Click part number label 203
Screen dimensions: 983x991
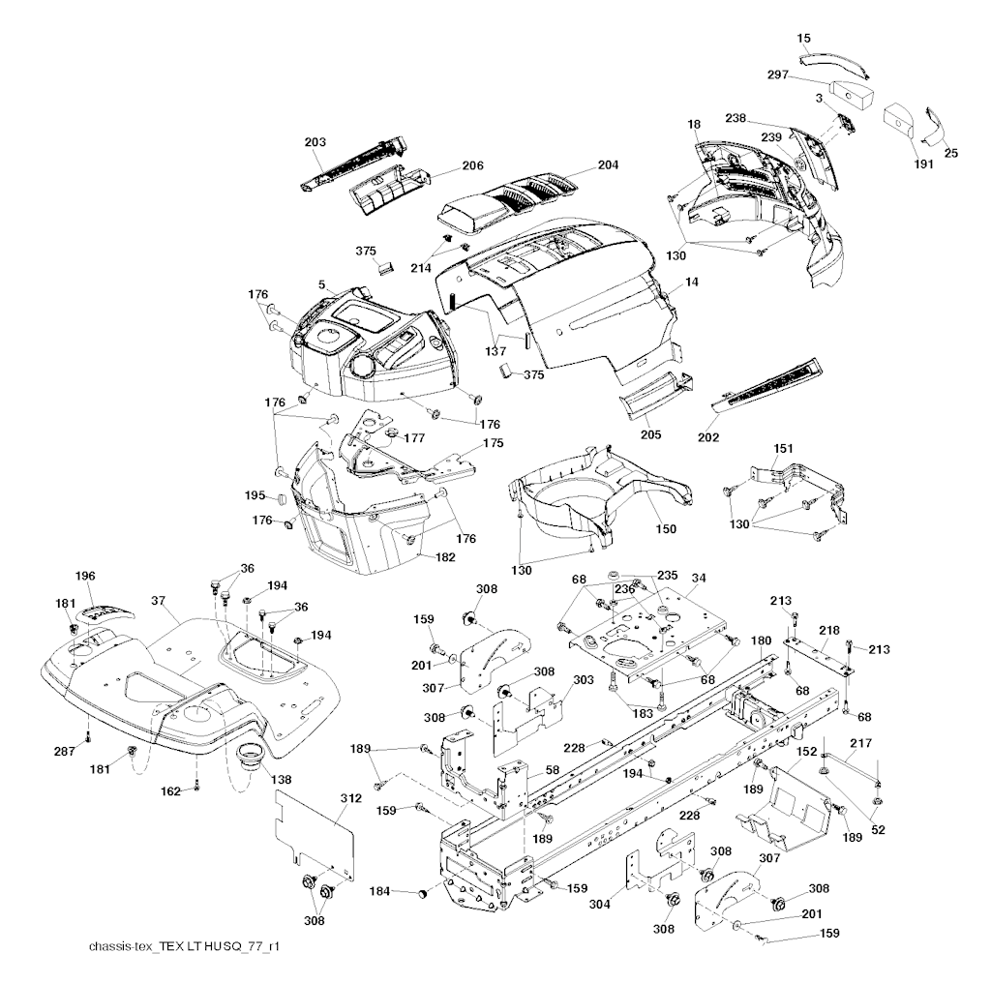click(x=315, y=142)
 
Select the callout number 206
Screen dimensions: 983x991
click(x=472, y=165)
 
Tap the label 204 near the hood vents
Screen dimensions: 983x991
click(x=607, y=165)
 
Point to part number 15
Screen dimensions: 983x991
click(x=803, y=38)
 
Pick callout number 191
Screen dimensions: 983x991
click(x=923, y=164)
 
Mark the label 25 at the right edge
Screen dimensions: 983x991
click(x=951, y=153)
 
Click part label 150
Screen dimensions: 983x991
click(x=666, y=529)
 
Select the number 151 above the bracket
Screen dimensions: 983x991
click(x=784, y=448)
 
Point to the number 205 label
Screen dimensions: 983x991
click(x=650, y=434)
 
